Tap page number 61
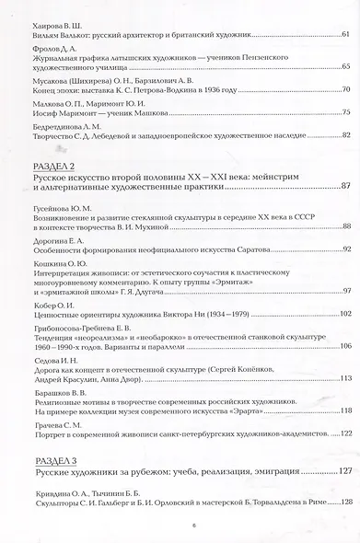343,35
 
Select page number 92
343,248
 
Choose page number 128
343,502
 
